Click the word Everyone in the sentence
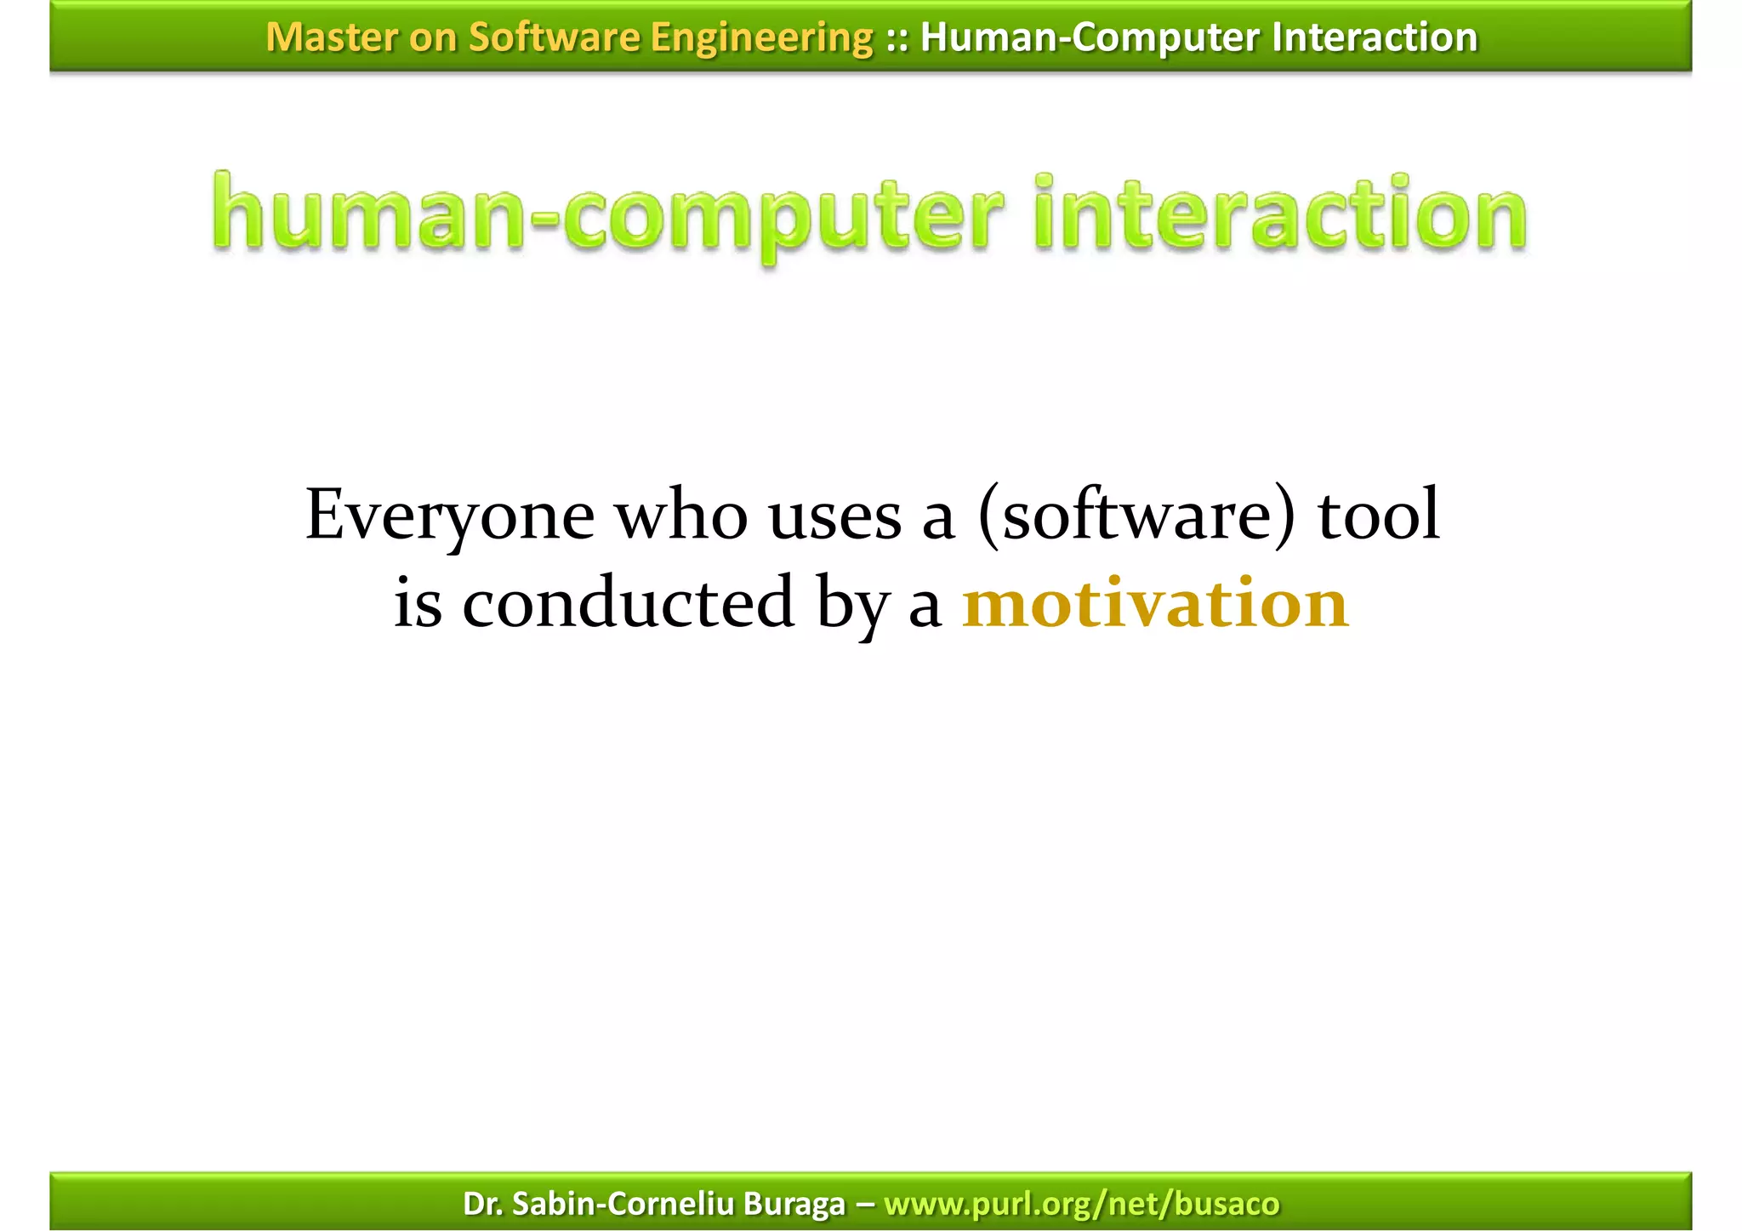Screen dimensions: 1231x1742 (450, 516)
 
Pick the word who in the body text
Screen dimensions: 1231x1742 (681, 516)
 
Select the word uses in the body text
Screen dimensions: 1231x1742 (834, 516)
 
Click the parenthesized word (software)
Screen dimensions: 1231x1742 (1136, 516)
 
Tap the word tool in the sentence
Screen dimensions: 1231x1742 (1379, 516)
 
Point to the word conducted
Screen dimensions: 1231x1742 (628, 602)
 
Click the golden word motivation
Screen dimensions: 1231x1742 (1155, 602)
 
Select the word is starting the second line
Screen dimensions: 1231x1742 (418, 602)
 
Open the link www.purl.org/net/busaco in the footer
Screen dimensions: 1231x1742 (1081, 1204)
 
